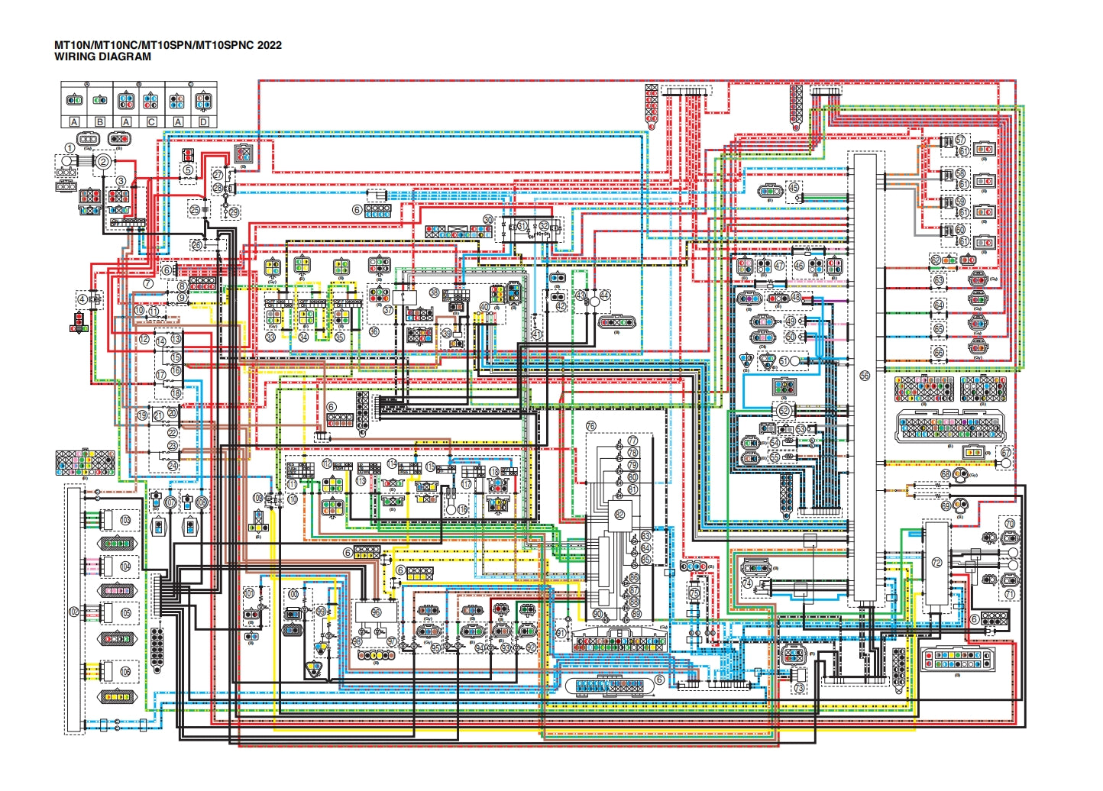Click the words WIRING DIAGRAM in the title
point(102,56)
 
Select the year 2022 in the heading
point(269,45)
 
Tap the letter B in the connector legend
point(100,121)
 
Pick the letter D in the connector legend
point(203,121)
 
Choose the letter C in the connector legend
point(151,121)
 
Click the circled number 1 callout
point(70,148)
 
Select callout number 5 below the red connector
point(188,170)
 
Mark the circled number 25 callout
point(195,209)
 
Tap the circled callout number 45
point(794,188)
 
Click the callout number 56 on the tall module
point(865,376)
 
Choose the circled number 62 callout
point(936,260)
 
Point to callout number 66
point(939,352)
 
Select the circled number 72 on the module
point(936,563)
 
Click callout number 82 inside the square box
point(619,515)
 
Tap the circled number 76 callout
point(590,426)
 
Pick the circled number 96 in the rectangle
point(376,612)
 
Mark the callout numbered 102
point(74,612)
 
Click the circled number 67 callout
point(1006,452)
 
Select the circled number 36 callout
point(374,331)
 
